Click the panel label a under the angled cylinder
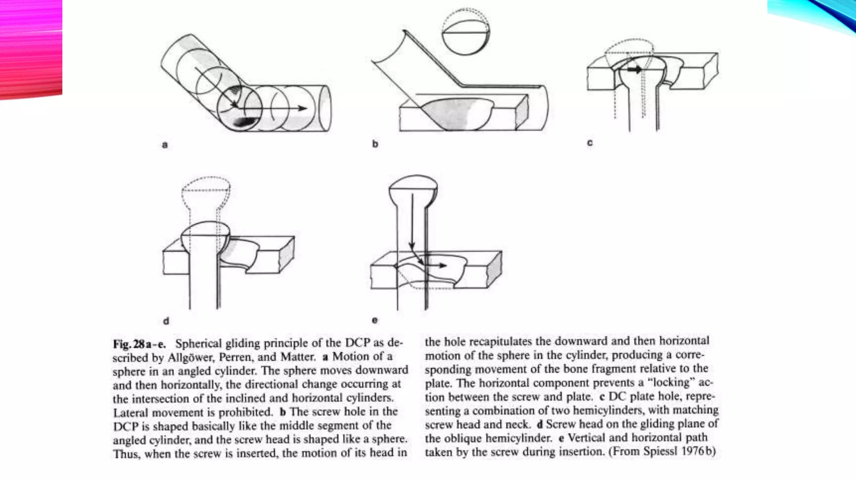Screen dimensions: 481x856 (x=165, y=145)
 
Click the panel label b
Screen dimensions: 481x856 (x=375, y=144)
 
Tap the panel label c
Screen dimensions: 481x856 (x=590, y=143)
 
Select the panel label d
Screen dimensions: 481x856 (x=166, y=321)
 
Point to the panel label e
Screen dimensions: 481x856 (x=374, y=320)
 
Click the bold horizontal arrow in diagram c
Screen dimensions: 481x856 (x=634, y=69)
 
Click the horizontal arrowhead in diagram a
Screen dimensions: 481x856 (x=303, y=108)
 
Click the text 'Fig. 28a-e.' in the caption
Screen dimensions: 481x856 (x=139, y=344)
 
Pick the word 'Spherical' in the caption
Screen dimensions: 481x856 (x=198, y=344)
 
